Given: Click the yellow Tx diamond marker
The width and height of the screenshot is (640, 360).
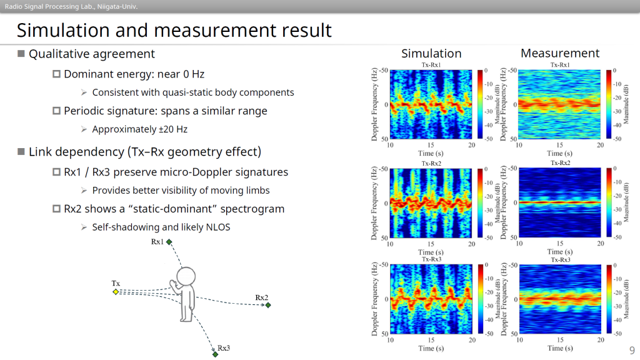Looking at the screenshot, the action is (116, 292).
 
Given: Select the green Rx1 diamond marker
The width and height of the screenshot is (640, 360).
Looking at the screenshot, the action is (169, 242).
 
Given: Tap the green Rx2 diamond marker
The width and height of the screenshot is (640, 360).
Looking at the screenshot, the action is (268, 305).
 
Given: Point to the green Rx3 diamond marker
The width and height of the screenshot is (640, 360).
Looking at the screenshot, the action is (215, 354).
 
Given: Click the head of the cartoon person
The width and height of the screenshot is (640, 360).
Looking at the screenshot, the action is (186, 276).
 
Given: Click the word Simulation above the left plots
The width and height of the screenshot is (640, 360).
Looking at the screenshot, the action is (431, 54).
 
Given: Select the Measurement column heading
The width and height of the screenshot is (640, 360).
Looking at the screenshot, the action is (560, 53).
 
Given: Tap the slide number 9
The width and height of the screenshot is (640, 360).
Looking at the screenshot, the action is (632, 350).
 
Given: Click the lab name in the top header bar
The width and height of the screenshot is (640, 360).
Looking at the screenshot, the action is (71, 6).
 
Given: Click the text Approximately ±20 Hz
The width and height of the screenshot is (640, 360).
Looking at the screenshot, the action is (139, 129).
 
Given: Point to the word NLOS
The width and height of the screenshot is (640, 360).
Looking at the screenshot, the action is (218, 227).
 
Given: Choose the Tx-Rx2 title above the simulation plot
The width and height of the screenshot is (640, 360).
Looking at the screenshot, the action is (431, 163).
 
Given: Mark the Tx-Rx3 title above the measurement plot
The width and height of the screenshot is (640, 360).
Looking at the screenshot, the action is (561, 259).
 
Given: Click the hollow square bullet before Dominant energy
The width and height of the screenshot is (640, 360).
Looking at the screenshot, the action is (57, 74).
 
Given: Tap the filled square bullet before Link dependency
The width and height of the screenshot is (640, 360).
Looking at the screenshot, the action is (21, 151).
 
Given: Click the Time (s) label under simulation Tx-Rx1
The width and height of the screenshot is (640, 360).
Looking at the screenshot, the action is (431, 153).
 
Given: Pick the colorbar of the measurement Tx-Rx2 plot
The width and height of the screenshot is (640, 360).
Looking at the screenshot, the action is (609, 202).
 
